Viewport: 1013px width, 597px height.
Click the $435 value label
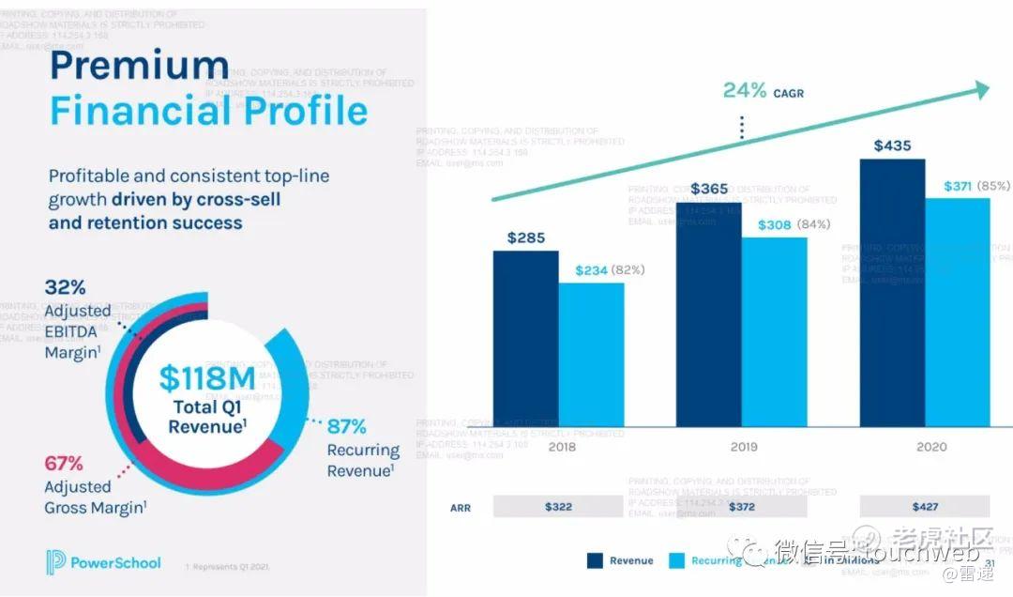click(892, 145)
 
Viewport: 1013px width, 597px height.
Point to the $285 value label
click(525, 237)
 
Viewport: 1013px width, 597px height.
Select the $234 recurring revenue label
click(591, 270)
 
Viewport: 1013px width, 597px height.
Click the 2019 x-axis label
click(744, 447)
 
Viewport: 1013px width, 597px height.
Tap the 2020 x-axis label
click(931, 447)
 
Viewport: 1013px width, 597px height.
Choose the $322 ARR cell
click(558, 507)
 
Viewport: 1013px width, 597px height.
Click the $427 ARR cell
click(925, 507)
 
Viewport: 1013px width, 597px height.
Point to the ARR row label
click(460, 507)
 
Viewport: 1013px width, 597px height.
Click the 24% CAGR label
click(763, 91)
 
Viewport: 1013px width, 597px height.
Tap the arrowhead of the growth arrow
click(981, 90)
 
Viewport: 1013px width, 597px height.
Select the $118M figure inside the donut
click(206, 378)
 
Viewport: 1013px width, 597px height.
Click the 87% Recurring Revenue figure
click(346, 426)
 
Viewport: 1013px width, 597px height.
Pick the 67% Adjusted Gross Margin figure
click(64, 463)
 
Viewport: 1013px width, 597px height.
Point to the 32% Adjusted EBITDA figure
click(65, 287)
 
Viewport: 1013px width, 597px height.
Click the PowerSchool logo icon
click(56, 562)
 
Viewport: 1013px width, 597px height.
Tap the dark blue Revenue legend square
click(595, 560)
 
